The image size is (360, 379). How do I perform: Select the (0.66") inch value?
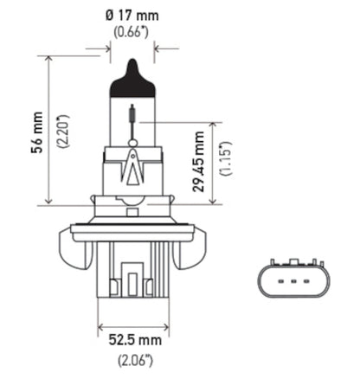point(132,33)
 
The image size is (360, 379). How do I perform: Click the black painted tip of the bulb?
point(132,69)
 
